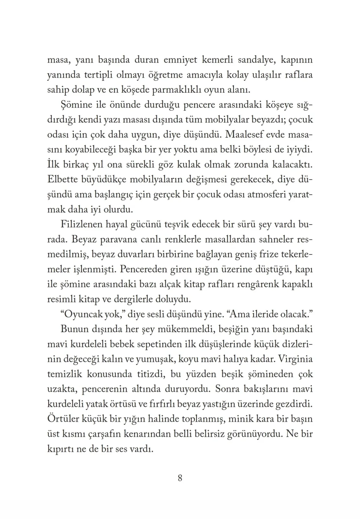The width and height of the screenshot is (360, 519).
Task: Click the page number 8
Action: [x=180, y=478]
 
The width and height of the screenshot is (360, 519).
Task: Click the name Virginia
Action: [x=295, y=359]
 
